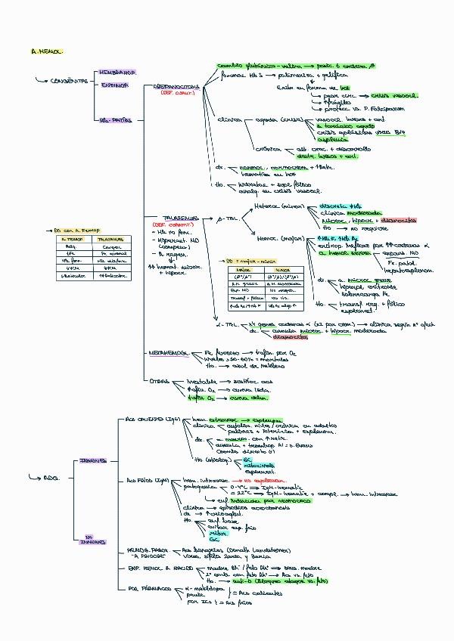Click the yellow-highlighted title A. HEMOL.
coord(47,51)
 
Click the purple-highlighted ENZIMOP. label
coord(114,85)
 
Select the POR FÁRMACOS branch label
coord(145,587)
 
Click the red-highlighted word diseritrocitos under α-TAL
coord(275,338)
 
